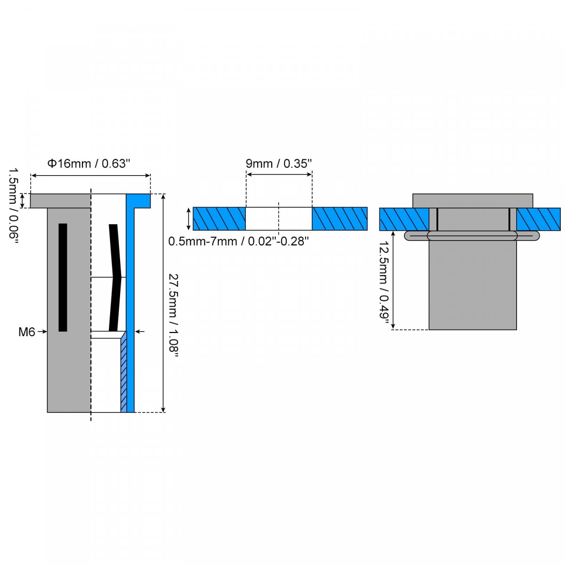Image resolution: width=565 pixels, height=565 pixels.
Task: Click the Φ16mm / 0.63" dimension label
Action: pos(88,163)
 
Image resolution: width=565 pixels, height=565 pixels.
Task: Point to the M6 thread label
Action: pos(27,332)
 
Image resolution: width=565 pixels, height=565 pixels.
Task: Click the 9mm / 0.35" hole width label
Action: pos(279,163)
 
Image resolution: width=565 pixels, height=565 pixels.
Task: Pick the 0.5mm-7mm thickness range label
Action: pos(238,242)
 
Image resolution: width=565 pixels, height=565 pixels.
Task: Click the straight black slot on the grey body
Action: pos(63,277)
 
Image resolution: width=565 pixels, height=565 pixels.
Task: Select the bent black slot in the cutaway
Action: pos(115,278)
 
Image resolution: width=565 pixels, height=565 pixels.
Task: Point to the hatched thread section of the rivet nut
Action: pos(124,372)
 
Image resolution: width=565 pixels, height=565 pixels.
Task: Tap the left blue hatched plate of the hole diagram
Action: pos(219,219)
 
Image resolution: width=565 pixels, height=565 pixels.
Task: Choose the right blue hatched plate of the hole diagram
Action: pos(339,219)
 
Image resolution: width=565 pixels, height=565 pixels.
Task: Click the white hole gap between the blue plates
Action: pos(279,219)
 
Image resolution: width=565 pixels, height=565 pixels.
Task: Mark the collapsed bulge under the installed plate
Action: pos(472,236)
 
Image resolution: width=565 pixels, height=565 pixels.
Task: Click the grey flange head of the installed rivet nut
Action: pos(473,201)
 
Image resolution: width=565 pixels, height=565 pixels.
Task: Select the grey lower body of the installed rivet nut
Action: pos(473,285)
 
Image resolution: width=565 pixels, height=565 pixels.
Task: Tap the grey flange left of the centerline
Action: pos(60,201)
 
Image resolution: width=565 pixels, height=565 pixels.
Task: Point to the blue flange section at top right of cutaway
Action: pos(138,201)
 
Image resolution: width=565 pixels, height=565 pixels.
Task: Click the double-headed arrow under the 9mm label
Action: pos(279,175)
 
